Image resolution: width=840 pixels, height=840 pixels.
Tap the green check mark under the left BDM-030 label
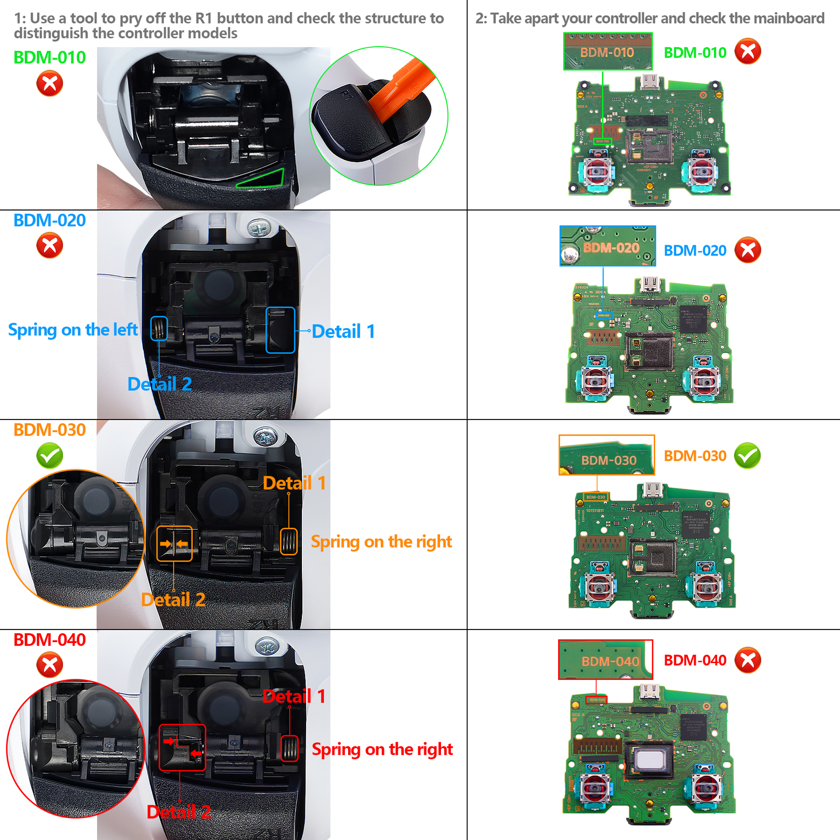click(x=50, y=456)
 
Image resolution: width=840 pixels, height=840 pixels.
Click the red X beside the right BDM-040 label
click(x=748, y=660)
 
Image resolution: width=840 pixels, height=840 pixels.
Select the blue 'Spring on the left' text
click(x=73, y=330)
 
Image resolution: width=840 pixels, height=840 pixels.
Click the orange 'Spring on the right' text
click(x=381, y=541)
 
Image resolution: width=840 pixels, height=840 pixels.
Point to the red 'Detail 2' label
click(x=178, y=812)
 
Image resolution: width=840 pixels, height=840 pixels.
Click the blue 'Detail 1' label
click(x=343, y=332)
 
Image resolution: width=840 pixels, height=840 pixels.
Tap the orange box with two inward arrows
click(x=174, y=544)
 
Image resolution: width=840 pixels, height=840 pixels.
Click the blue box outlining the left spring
click(x=159, y=329)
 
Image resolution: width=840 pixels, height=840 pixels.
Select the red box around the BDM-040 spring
click(x=290, y=748)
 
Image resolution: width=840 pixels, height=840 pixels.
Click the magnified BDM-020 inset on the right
click(x=607, y=246)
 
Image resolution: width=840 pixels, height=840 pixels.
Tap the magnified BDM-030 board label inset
click(x=606, y=455)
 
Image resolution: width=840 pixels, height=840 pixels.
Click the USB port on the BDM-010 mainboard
click(x=649, y=82)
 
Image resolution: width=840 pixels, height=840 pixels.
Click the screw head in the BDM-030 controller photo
click(x=265, y=437)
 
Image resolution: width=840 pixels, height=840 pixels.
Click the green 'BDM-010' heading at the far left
click(x=49, y=57)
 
